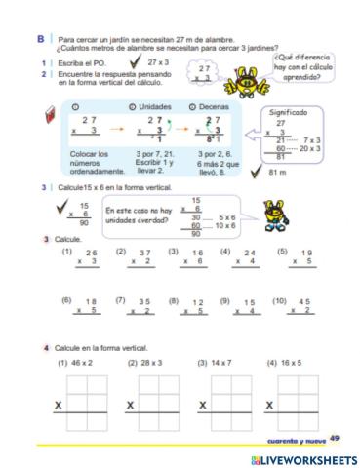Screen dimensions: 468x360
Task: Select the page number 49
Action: [334, 438]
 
